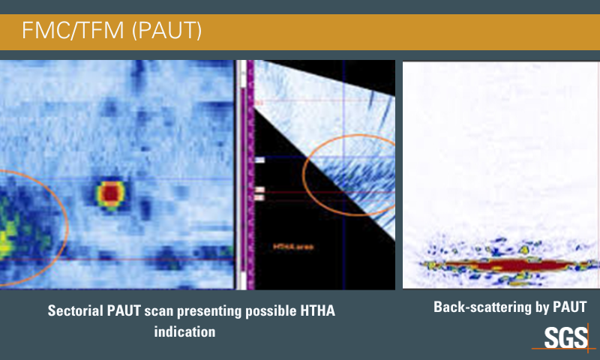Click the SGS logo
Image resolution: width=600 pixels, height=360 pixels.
click(566, 337)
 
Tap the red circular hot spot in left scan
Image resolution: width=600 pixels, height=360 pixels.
click(110, 193)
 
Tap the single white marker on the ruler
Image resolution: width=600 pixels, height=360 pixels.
click(259, 160)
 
